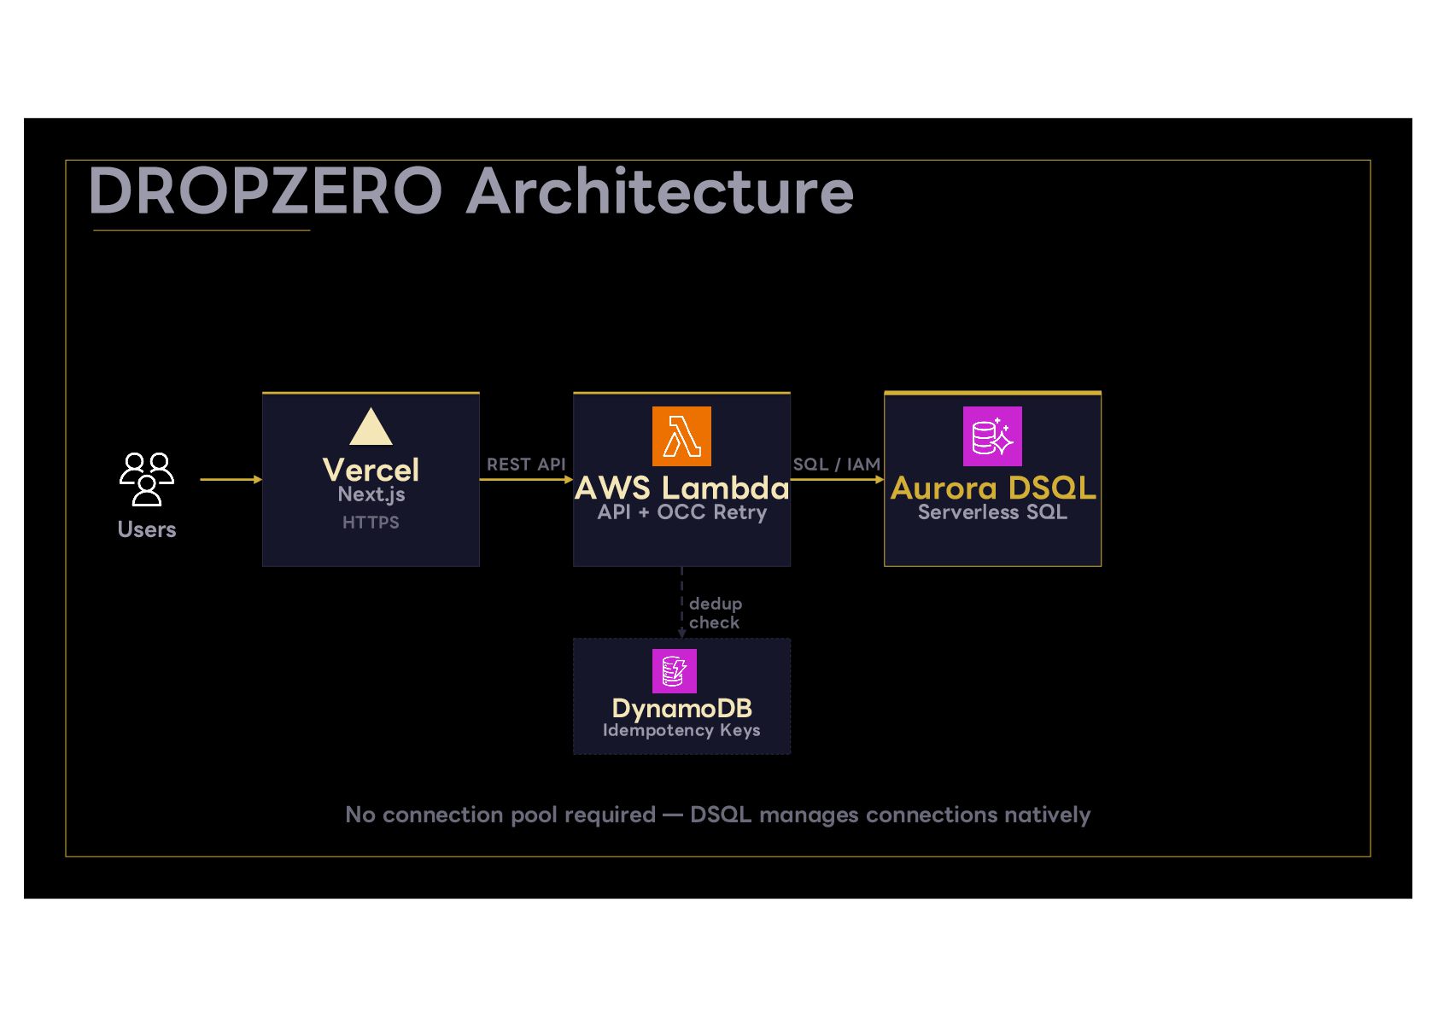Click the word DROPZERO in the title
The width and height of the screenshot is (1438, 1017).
265,191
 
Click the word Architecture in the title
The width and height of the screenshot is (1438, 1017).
660,190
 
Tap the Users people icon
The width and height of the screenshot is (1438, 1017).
146,480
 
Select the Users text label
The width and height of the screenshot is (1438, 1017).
146,529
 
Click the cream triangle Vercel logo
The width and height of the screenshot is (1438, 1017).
371,426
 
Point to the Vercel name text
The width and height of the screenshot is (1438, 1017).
371,470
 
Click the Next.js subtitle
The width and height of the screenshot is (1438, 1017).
371,495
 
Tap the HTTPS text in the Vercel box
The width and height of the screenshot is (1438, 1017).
371,523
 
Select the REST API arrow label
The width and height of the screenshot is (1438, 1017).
526,465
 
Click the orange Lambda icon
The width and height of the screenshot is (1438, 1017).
681,436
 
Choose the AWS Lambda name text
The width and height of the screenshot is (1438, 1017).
681,488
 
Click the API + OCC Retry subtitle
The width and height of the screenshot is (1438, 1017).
681,512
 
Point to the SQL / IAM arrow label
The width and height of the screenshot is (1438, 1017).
837,465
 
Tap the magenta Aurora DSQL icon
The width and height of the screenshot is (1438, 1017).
992,436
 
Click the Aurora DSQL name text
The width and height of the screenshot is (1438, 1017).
993,488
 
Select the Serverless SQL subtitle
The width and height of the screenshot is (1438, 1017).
992,512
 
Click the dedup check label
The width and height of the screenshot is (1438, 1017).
715,613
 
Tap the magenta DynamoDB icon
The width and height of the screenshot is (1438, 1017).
674,671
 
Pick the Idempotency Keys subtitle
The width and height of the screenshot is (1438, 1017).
681,731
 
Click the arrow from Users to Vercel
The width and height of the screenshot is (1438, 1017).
231,480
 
